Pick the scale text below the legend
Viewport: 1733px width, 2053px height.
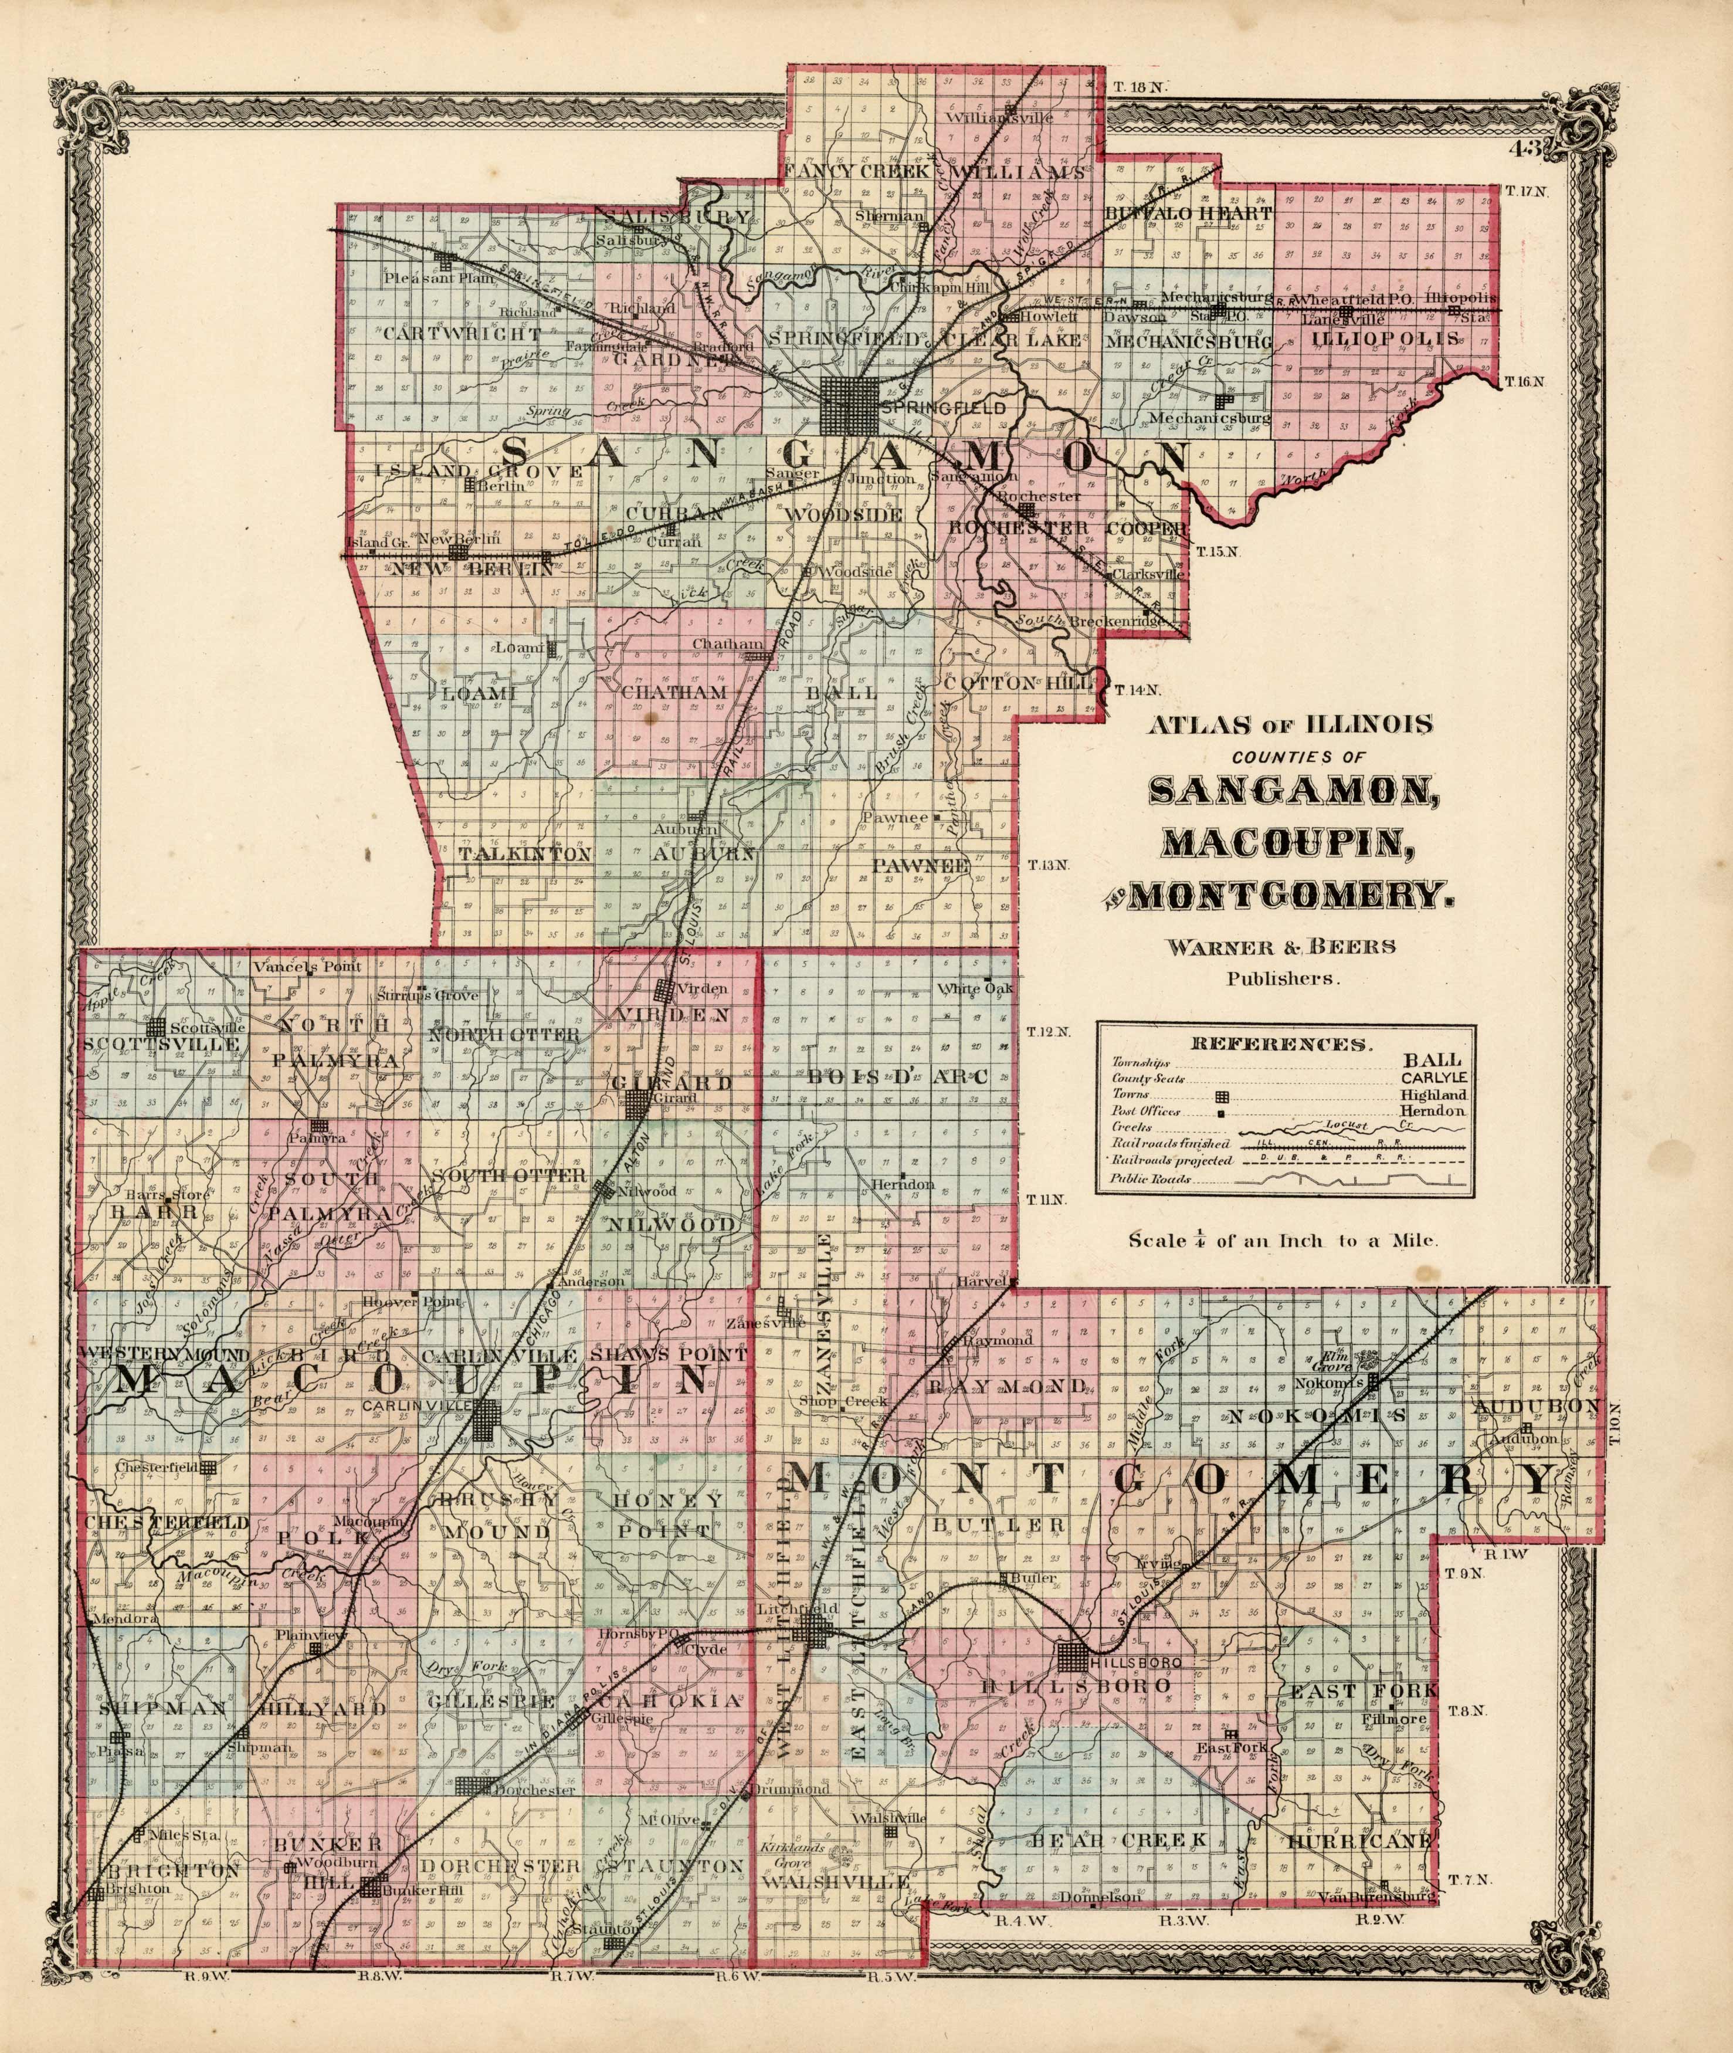(x=1283, y=1240)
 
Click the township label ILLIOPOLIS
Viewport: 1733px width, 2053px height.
(x=1385, y=338)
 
